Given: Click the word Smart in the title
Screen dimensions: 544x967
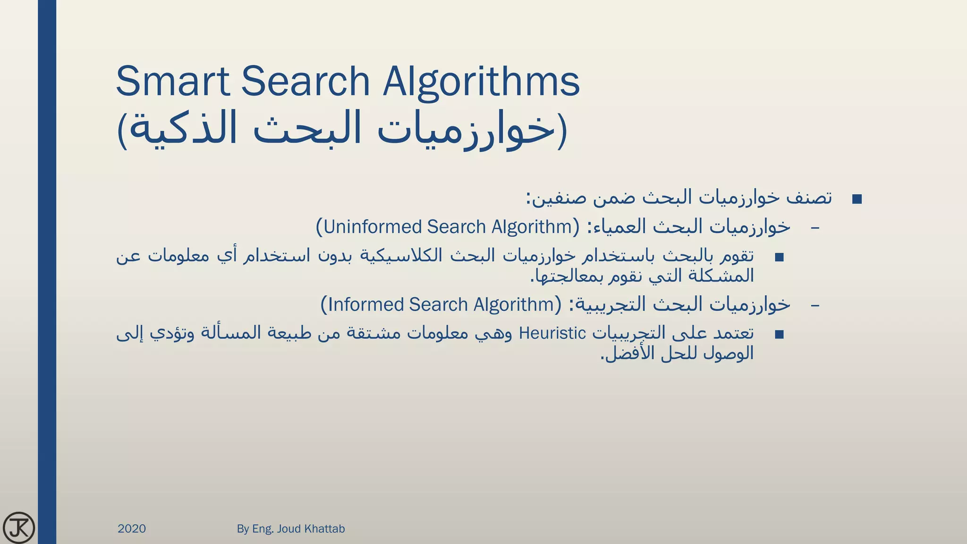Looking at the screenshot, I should [x=172, y=81].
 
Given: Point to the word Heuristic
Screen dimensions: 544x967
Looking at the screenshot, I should [x=552, y=333].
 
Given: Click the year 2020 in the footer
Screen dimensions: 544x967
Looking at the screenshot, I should [x=132, y=528].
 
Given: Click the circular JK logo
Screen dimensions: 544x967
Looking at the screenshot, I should [x=19, y=527].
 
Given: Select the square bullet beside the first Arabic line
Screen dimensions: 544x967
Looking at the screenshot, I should [x=857, y=199].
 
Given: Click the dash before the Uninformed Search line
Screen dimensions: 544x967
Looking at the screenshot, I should [x=815, y=228].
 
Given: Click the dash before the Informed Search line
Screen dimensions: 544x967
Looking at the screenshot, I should [x=815, y=305].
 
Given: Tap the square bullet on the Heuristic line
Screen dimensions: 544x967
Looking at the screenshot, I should [x=779, y=335].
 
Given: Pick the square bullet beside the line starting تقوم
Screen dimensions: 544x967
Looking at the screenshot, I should [x=779, y=257].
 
